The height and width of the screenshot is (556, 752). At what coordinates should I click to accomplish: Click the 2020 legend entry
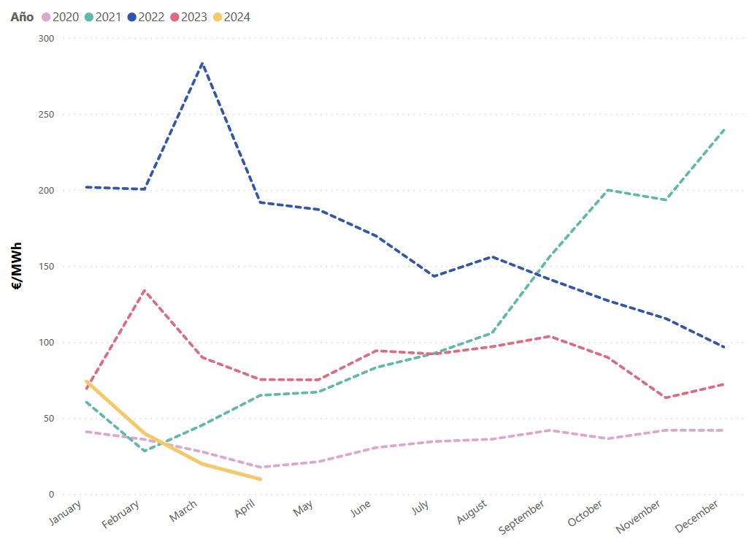60,17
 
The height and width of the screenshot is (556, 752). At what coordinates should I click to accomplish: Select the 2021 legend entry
102,17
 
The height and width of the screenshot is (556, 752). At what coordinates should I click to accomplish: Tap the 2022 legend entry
145,17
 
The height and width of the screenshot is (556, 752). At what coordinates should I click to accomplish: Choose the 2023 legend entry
187,17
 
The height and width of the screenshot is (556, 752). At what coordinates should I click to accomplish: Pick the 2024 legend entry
230,17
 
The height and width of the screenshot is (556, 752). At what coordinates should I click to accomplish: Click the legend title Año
22,17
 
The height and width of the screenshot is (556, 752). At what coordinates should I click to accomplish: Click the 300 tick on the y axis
45,38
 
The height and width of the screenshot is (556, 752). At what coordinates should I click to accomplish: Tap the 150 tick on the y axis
45,267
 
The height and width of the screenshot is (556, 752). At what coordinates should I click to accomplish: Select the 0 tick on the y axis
50,495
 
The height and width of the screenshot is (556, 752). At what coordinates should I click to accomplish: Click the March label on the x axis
183,511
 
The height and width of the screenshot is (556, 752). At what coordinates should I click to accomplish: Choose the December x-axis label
697,516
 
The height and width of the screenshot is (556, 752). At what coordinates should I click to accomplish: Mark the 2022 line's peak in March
202,64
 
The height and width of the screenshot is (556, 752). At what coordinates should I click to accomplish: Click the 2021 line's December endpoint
724,129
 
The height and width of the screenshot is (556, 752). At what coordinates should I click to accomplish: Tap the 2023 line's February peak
145,291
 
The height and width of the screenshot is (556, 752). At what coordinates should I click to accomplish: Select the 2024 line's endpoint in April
261,479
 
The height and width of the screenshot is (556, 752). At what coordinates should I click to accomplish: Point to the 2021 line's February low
145,451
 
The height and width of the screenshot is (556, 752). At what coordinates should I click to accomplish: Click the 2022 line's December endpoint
724,348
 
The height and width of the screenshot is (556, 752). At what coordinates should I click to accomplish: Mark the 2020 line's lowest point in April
261,468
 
